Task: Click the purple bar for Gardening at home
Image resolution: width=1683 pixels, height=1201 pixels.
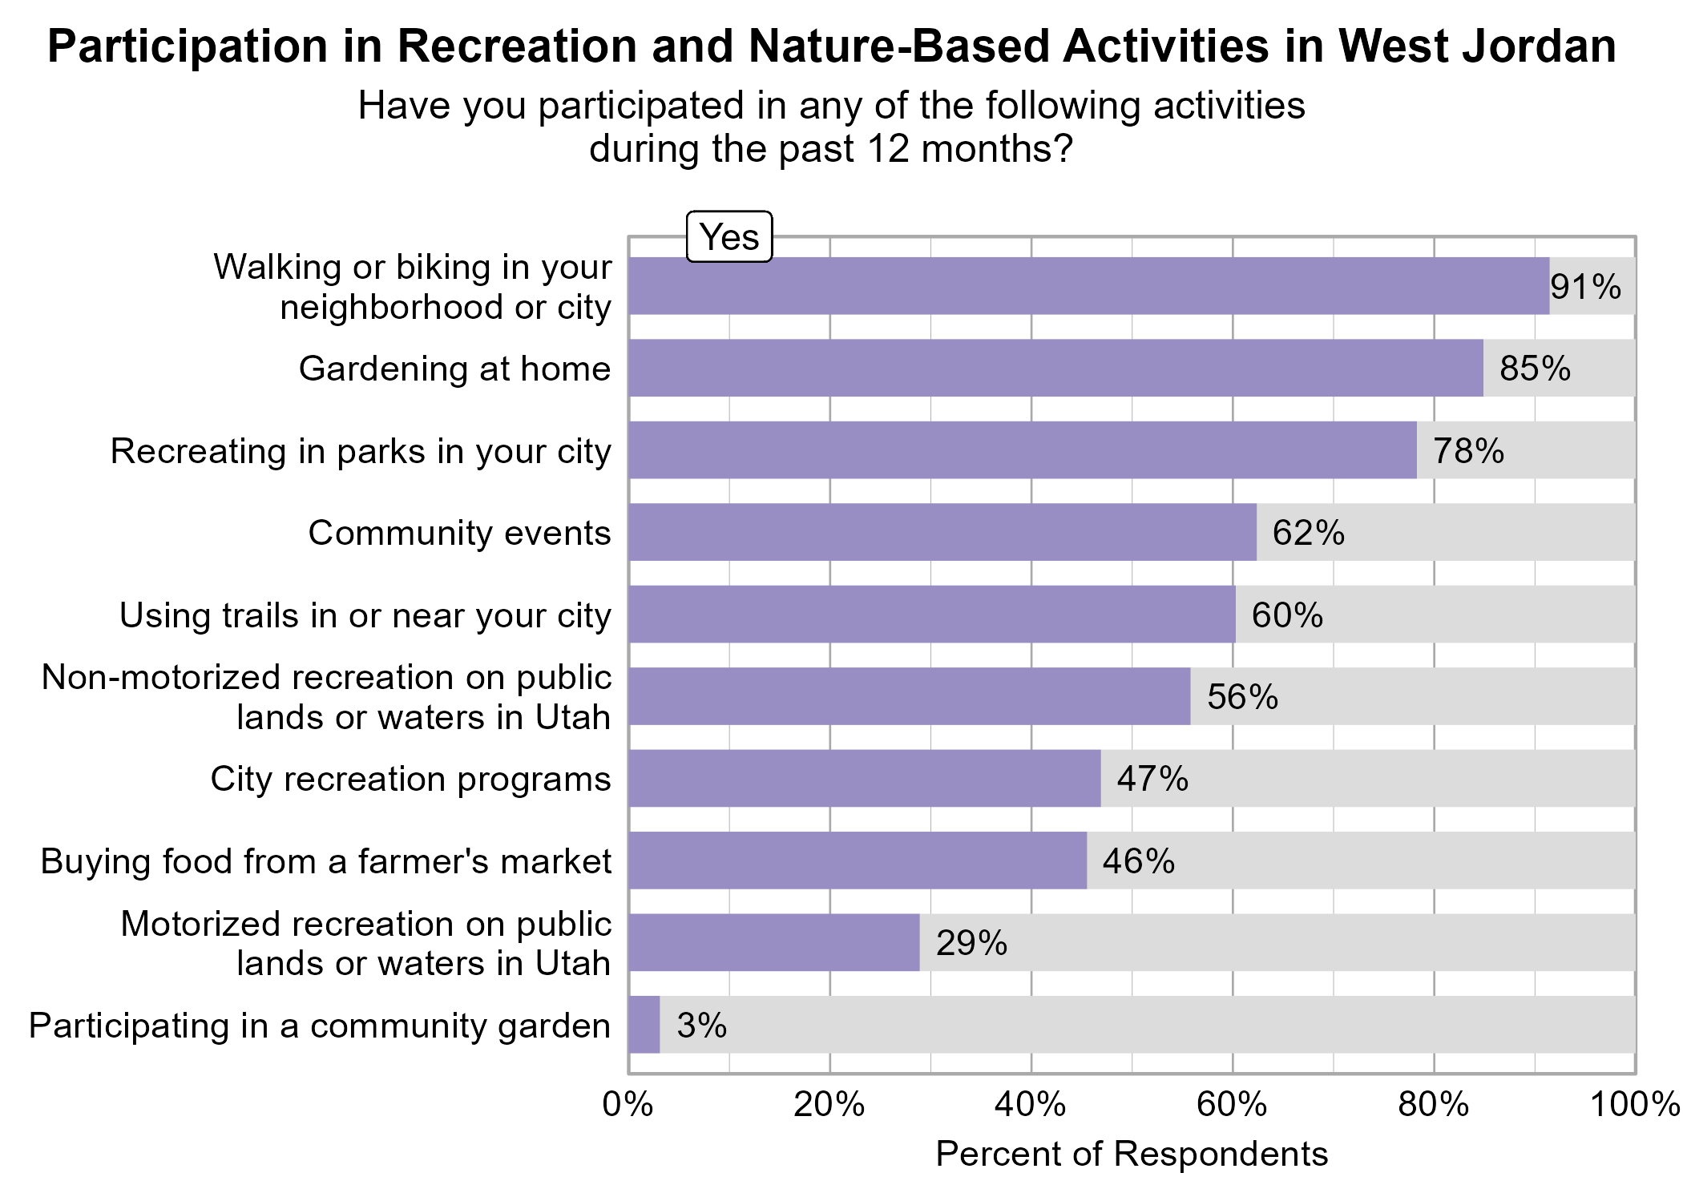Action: coord(1055,368)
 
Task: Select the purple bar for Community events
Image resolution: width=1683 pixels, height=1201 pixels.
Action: coord(942,532)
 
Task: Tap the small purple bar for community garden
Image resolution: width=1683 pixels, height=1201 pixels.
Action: coord(644,1025)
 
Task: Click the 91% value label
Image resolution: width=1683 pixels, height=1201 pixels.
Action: coord(1585,287)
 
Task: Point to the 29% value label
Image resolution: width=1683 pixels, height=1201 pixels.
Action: coord(971,943)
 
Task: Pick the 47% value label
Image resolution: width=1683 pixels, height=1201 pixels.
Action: coord(1152,779)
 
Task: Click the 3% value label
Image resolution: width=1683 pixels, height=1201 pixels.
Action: coord(701,1026)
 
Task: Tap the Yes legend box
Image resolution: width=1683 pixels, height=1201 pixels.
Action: coord(729,237)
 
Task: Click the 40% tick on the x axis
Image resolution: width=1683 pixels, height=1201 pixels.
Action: coord(1031,1105)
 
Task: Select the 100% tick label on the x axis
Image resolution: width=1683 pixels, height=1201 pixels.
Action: coord(1635,1105)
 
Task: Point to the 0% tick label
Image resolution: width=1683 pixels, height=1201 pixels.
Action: coord(628,1105)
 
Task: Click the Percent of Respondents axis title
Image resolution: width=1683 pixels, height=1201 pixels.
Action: coord(1132,1155)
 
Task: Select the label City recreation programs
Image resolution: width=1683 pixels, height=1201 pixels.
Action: coord(410,779)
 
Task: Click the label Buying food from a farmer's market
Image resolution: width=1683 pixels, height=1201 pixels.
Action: coord(325,861)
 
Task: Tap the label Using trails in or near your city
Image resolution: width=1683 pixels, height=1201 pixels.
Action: coord(365,615)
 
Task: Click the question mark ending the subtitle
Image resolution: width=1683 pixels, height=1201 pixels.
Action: coord(1063,149)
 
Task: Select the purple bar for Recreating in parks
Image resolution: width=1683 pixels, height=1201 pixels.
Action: coord(1023,450)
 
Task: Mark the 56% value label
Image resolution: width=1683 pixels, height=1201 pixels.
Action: coord(1242,697)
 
